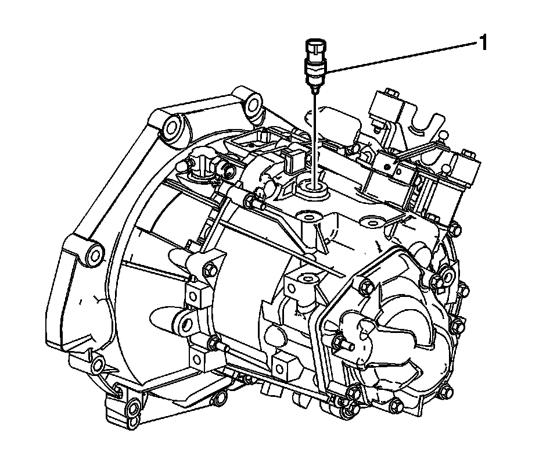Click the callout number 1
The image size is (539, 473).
(x=482, y=44)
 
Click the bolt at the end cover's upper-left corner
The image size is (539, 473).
(x=366, y=285)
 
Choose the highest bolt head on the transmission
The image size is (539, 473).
(x=391, y=92)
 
